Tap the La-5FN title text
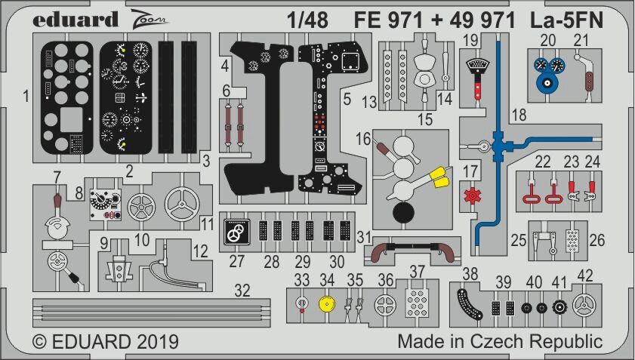tap(561, 20)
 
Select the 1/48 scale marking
tap(307, 20)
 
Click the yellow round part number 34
tap(326, 306)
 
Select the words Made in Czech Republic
tap(499, 341)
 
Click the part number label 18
tap(519, 115)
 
